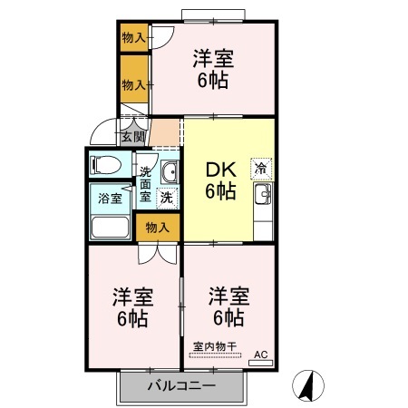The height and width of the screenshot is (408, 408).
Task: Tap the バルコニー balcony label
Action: pyautogui.click(x=181, y=385)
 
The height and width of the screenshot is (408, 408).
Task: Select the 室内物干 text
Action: pyautogui.click(x=214, y=345)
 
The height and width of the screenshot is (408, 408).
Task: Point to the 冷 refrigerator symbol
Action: pyautogui.click(x=260, y=167)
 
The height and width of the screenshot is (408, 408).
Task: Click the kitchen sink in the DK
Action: pyautogui.click(x=265, y=195)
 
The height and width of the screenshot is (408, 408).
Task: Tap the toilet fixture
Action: pyautogui.click(x=102, y=166)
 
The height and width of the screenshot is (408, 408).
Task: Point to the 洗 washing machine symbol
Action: pyautogui.click(x=166, y=195)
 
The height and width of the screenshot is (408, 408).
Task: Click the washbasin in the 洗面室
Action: pyautogui.click(x=168, y=173)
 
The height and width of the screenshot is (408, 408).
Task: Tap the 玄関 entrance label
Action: pyautogui.click(x=132, y=137)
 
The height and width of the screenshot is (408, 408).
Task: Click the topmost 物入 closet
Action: pyautogui.click(x=134, y=38)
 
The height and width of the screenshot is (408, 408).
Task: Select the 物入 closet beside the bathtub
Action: pyautogui.click(x=156, y=226)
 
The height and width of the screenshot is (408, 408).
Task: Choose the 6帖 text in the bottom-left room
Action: pyautogui.click(x=132, y=318)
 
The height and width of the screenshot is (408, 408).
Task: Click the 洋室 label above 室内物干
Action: pyautogui.click(x=228, y=296)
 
